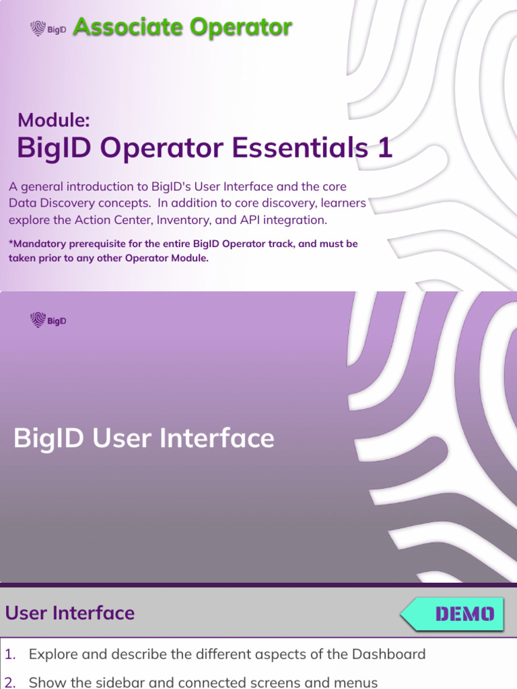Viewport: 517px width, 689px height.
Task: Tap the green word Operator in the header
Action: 240,28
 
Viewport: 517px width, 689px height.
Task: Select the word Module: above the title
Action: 54,120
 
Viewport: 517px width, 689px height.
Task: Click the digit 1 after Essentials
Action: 385,148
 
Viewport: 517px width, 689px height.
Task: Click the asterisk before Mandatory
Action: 11,243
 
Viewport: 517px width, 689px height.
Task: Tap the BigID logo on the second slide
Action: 48,320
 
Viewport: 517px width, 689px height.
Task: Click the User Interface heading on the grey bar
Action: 70,613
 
